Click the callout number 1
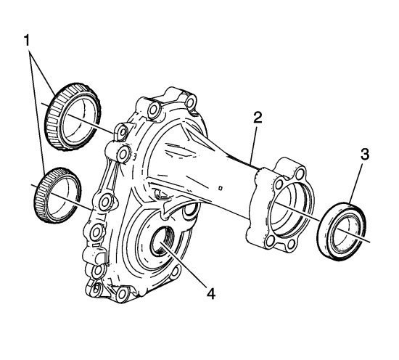coord(27,41)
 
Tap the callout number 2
coord(258,118)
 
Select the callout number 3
coord(364,155)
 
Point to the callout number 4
coord(211,294)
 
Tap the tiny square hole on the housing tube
coord(221,188)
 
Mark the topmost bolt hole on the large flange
coord(190,102)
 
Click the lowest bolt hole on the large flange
coord(122,293)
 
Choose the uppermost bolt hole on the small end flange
coord(301,174)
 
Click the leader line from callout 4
coord(185,264)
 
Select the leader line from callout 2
coord(255,144)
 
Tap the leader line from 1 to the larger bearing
coord(42,73)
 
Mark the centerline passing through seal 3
coord(321,220)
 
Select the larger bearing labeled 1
coord(73,117)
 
